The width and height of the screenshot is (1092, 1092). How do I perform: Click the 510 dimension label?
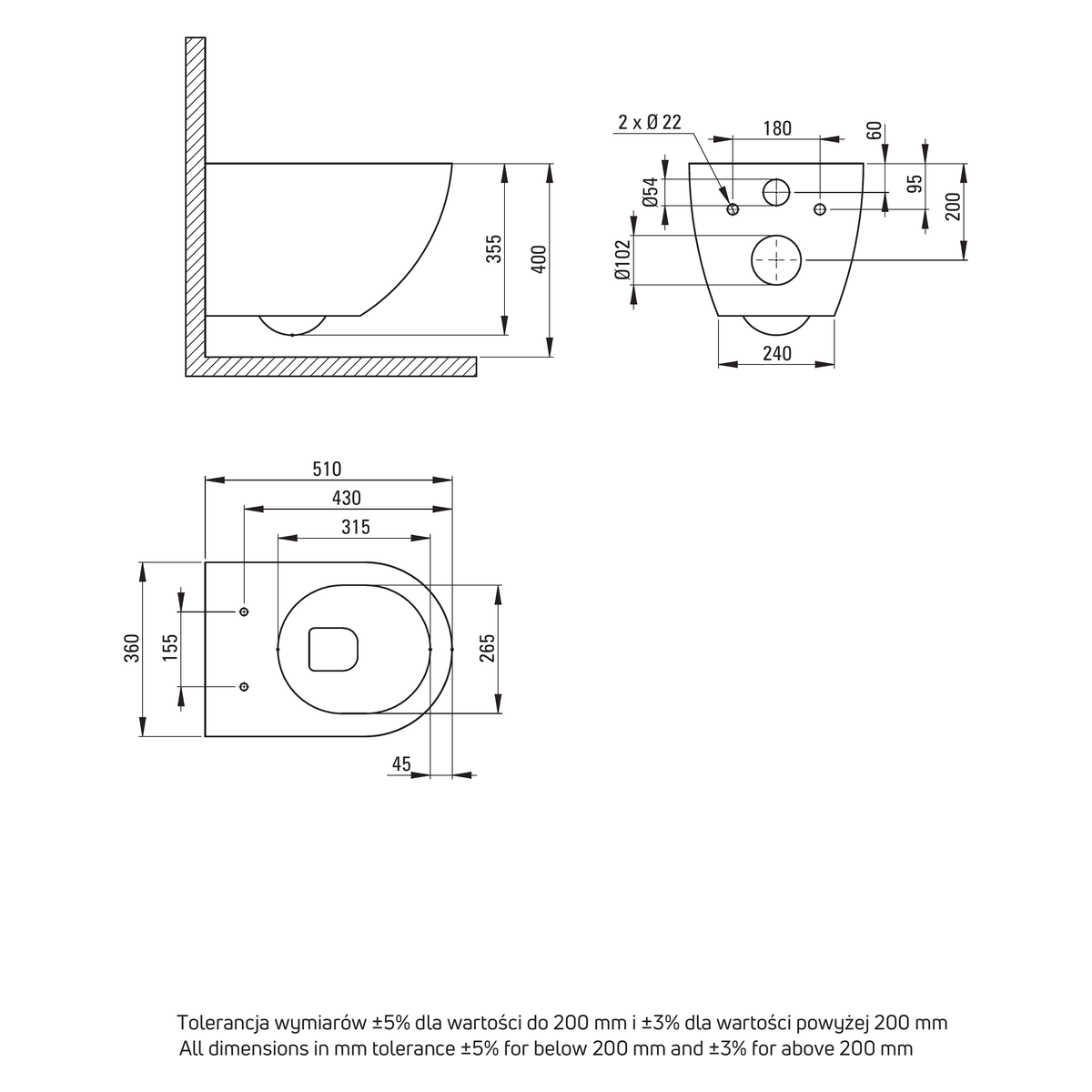pos(327,470)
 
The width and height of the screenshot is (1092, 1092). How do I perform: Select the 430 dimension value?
pos(346,498)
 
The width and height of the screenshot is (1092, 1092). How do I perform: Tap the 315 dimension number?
pos(356,528)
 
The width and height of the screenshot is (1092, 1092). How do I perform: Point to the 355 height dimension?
pos(495,248)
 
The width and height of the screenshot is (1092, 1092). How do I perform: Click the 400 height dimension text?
pos(540,259)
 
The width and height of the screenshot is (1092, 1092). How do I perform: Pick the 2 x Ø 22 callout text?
pos(650,123)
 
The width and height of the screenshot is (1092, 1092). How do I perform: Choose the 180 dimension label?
pos(777,128)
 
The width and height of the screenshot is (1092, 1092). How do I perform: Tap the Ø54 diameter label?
pos(652,192)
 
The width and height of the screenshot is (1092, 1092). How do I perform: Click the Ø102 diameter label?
pos(622,259)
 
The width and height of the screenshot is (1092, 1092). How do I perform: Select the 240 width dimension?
pos(777,354)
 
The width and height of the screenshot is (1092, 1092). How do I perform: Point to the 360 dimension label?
pos(131,648)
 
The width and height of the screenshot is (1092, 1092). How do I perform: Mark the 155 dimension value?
pos(170,647)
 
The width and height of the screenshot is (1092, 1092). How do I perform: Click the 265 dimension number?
pos(487,648)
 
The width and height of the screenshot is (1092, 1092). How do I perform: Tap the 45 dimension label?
pos(401,763)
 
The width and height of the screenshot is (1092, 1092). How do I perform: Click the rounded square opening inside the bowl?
pos(309,649)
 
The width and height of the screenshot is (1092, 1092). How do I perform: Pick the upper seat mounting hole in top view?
pos(244,612)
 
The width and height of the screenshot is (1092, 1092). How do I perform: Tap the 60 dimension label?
pos(875,130)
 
